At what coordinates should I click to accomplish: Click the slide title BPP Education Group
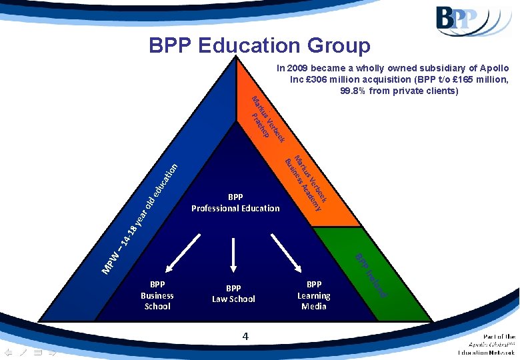[x=259, y=45]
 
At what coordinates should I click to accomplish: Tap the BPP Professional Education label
[x=235, y=203]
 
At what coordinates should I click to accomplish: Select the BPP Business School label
[x=157, y=295]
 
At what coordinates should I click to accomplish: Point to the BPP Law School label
[x=233, y=294]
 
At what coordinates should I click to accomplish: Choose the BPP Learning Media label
[x=314, y=295]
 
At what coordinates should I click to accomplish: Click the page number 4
[x=245, y=338]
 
